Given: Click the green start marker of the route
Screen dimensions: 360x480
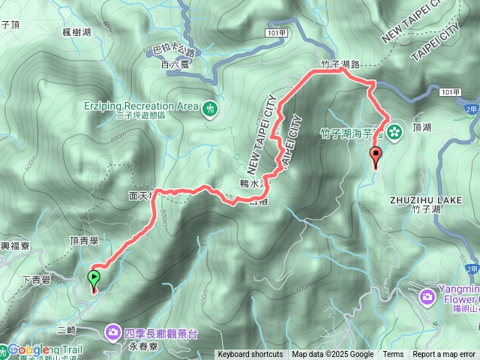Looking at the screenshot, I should (94, 279).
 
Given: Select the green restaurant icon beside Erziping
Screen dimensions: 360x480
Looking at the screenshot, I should (209, 108).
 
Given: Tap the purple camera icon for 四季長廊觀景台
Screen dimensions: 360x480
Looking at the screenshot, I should (112, 331).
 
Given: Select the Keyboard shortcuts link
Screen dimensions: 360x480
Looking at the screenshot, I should (250, 355).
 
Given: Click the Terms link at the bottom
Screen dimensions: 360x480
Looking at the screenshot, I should (393, 355).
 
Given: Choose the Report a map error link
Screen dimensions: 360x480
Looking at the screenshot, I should (445, 355).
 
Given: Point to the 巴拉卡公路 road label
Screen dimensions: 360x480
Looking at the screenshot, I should (172, 52).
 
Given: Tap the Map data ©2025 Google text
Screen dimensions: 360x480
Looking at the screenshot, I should (332, 355).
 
